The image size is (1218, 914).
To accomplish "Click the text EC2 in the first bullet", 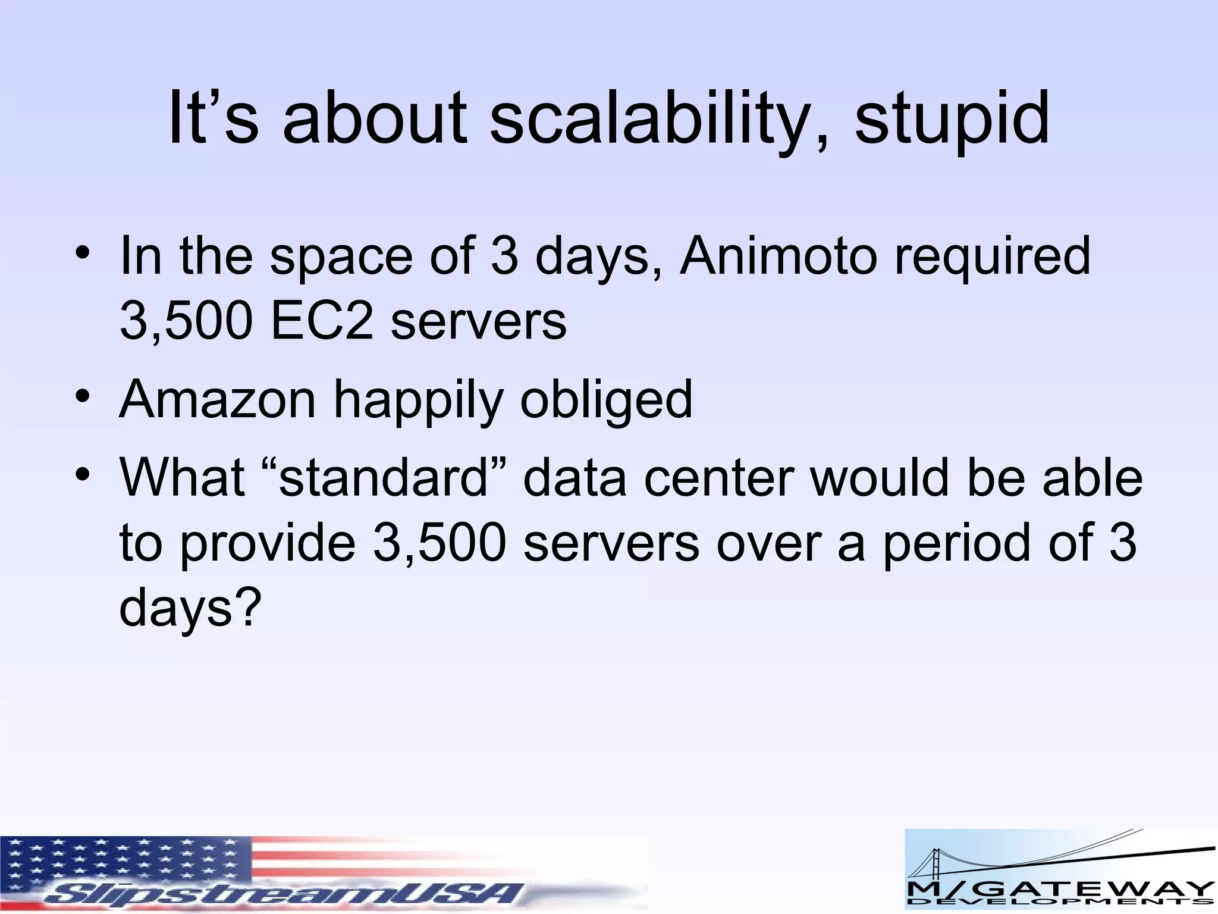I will [322, 322].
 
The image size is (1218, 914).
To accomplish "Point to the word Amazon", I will [218, 399].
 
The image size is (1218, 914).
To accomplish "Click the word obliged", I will [606, 399].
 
